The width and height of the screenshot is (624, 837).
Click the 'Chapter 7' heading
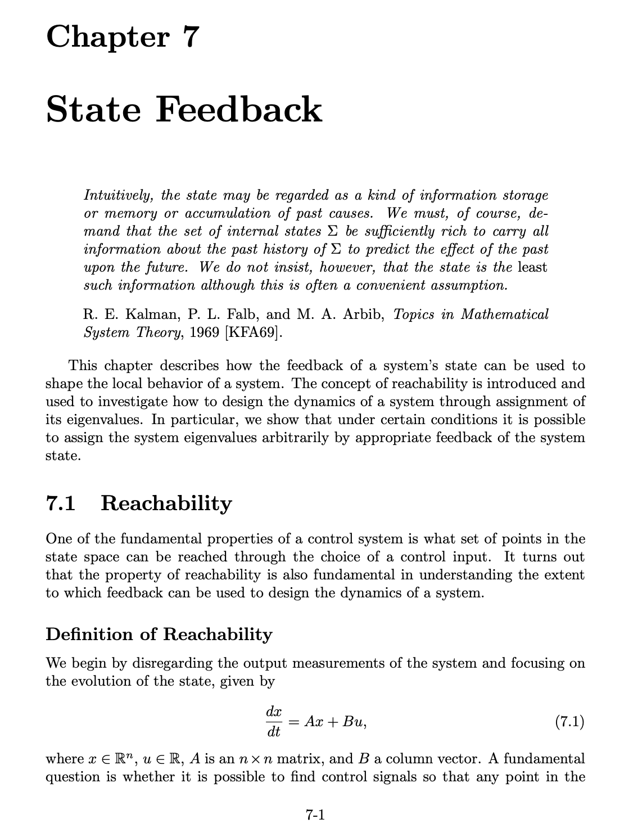pyautogui.click(x=123, y=37)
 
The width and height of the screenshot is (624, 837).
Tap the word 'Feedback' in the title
pyautogui.click(x=238, y=109)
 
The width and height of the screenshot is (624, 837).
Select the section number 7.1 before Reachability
pyautogui.click(x=60, y=503)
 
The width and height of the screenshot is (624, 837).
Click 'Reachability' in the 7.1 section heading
pyautogui.click(x=166, y=503)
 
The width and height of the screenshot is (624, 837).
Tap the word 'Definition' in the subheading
pyautogui.click(x=87, y=634)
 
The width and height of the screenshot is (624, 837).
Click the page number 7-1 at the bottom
pyautogui.click(x=315, y=814)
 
